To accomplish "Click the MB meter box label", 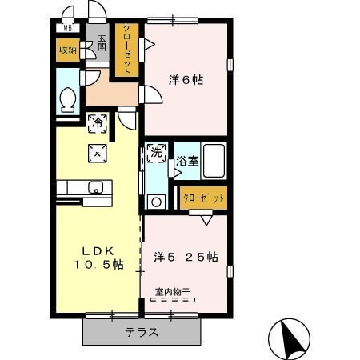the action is click(x=68, y=28).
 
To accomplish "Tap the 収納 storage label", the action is click(x=68, y=50).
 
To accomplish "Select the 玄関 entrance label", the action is click(x=102, y=43).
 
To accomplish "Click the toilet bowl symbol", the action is click(x=68, y=100).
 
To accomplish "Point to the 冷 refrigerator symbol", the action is click(x=98, y=123).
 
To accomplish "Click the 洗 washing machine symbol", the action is click(x=157, y=153).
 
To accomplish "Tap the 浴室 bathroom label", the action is click(x=187, y=161).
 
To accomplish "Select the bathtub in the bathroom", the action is click(x=214, y=161).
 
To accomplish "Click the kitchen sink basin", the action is click(x=95, y=187).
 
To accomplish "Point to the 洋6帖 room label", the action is click(x=186, y=80).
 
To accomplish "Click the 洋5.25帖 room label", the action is click(x=186, y=257).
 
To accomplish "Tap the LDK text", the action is click(x=98, y=250).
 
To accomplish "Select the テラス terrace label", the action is click(x=142, y=332).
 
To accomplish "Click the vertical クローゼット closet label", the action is click(x=127, y=50).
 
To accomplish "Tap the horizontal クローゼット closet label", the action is click(x=204, y=198).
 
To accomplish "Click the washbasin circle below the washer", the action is click(x=157, y=202).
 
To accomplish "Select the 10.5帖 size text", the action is click(x=98, y=265).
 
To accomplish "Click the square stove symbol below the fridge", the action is click(x=98, y=154).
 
